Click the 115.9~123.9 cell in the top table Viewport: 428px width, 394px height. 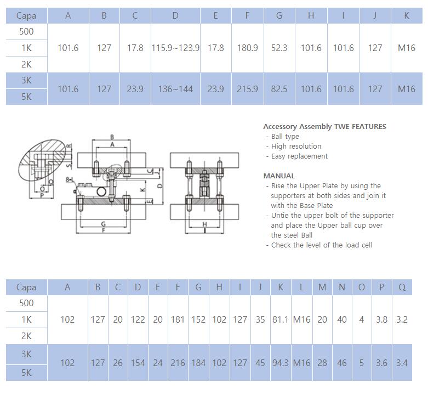[175, 48]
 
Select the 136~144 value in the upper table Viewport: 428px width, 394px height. [175, 89]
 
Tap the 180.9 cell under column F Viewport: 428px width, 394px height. [247, 48]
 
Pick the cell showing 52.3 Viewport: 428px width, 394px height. [279, 48]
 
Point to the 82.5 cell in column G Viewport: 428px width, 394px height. [279, 89]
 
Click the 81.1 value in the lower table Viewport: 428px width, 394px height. [281, 319]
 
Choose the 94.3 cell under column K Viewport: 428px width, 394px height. [281, 363]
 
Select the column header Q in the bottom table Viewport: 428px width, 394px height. [402, 287]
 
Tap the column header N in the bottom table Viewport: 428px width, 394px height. [342, 287]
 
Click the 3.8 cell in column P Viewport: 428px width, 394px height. [381, 319]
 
